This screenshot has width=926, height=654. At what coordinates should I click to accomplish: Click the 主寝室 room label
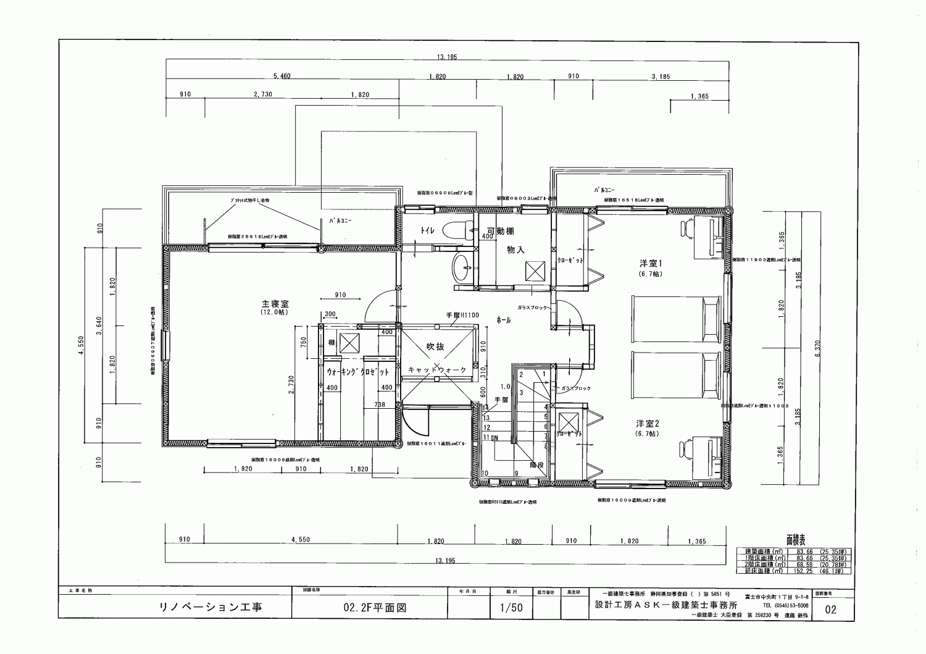pos(276,304)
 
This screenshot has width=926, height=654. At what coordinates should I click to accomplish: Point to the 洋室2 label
pos(648,424)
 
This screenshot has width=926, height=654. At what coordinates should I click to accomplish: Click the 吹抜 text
pos(435,346)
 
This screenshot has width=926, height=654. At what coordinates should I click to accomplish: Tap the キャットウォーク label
pos(437,369)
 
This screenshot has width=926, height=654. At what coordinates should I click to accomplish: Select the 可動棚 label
pos(501,231)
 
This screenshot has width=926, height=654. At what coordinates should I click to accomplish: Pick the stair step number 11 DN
pos(491,437)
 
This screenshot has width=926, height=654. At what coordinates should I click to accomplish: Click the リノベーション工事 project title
pos(211,607)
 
